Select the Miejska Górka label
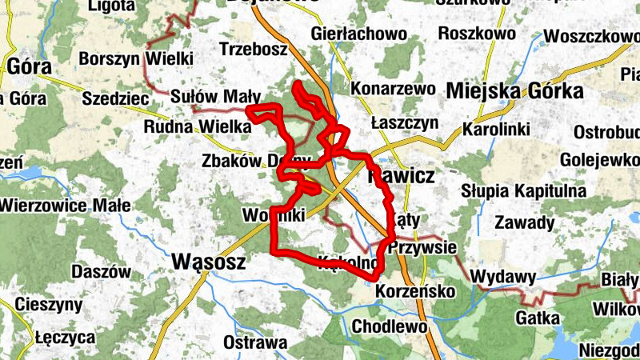(514, 91)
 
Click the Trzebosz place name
(253, 49)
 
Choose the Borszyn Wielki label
(136, 58)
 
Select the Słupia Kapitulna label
(524, 191)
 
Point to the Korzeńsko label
(414, 290)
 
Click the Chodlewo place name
(389, 326)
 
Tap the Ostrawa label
(255, 343)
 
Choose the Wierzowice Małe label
(65, 206)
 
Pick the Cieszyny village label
(49, 305)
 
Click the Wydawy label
(502, 277)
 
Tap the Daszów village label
(101, 271)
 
